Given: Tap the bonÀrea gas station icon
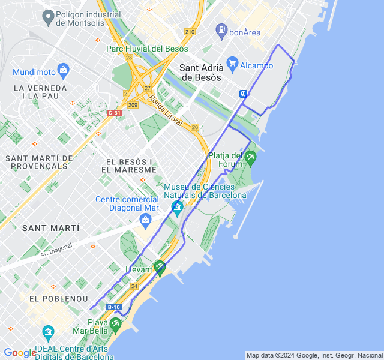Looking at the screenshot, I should (221, 29).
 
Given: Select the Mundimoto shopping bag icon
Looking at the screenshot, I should (63, 72).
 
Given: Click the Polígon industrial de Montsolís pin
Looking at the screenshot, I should (47, 18).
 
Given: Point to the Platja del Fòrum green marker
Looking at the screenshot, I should (250, 158).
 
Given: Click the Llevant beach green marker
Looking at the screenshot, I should (159, 266).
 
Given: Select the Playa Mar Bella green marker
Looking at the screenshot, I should (115, 324).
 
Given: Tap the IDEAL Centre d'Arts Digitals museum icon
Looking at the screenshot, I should (48, 331).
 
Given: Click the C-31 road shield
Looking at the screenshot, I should (114, 113).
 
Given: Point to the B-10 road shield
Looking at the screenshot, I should (114, 307).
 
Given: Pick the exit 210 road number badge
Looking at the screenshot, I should (190, 32).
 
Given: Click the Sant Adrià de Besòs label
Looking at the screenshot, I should (201, 73).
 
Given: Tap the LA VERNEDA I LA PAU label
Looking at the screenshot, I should (40, 91).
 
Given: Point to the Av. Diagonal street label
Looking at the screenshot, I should (56, 250).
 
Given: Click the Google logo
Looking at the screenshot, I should (20, 353).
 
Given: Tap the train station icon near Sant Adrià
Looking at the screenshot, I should (244, 94).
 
